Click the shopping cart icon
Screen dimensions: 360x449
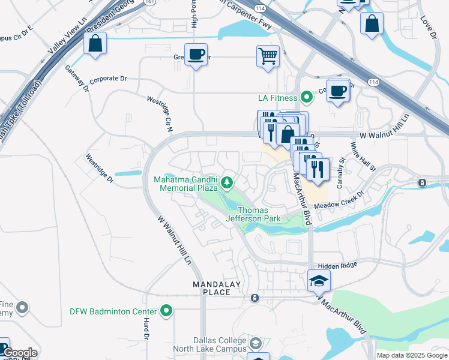click(x=268, y=56)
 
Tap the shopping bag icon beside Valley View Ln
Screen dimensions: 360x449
click(x=95, y=44)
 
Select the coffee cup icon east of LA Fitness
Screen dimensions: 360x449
click(x=338, y=91)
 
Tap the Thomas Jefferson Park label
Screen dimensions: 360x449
click(x=260, y=214)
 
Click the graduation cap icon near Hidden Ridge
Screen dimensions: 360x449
click(x=319, y=281)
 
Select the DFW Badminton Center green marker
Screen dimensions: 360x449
click(x=167, y=311)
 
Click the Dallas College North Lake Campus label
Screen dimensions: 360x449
click(x=210, y=344)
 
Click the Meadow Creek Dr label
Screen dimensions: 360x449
click(x=339, y=200)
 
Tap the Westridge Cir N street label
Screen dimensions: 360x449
click(x=160, y=109)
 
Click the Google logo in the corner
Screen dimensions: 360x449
click(x=20, y=353)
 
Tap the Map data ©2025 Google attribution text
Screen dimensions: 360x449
click(x=411, y=355)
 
